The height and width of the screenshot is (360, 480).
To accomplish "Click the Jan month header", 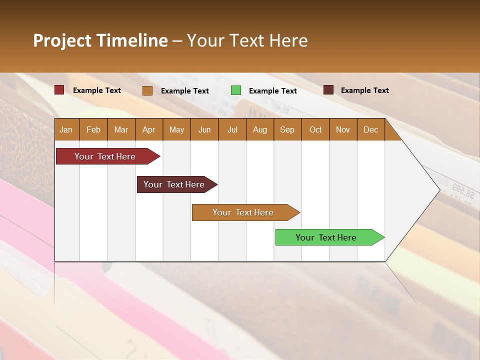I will (66, 129).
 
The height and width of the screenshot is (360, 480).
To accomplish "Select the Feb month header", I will (93, 129).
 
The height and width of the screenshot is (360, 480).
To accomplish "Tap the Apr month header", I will (148, 129).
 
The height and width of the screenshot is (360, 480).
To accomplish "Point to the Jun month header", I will (204, 129).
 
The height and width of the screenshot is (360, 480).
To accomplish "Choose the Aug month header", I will (259, 129).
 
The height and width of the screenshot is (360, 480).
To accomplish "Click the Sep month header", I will (287, 129).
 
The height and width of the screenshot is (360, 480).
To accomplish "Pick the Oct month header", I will (315, 129).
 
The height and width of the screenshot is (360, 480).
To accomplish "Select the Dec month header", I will (370, 129).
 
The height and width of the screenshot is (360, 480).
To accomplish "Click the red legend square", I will (59, 90).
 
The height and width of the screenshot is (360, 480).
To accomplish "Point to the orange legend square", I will (147, 90).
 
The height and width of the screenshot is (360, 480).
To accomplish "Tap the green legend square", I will (236, 90).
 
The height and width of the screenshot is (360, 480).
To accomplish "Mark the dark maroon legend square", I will (328, 90).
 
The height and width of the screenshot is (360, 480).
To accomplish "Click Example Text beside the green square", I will (272, 91).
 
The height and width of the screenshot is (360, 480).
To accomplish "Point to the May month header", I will (176, 129).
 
